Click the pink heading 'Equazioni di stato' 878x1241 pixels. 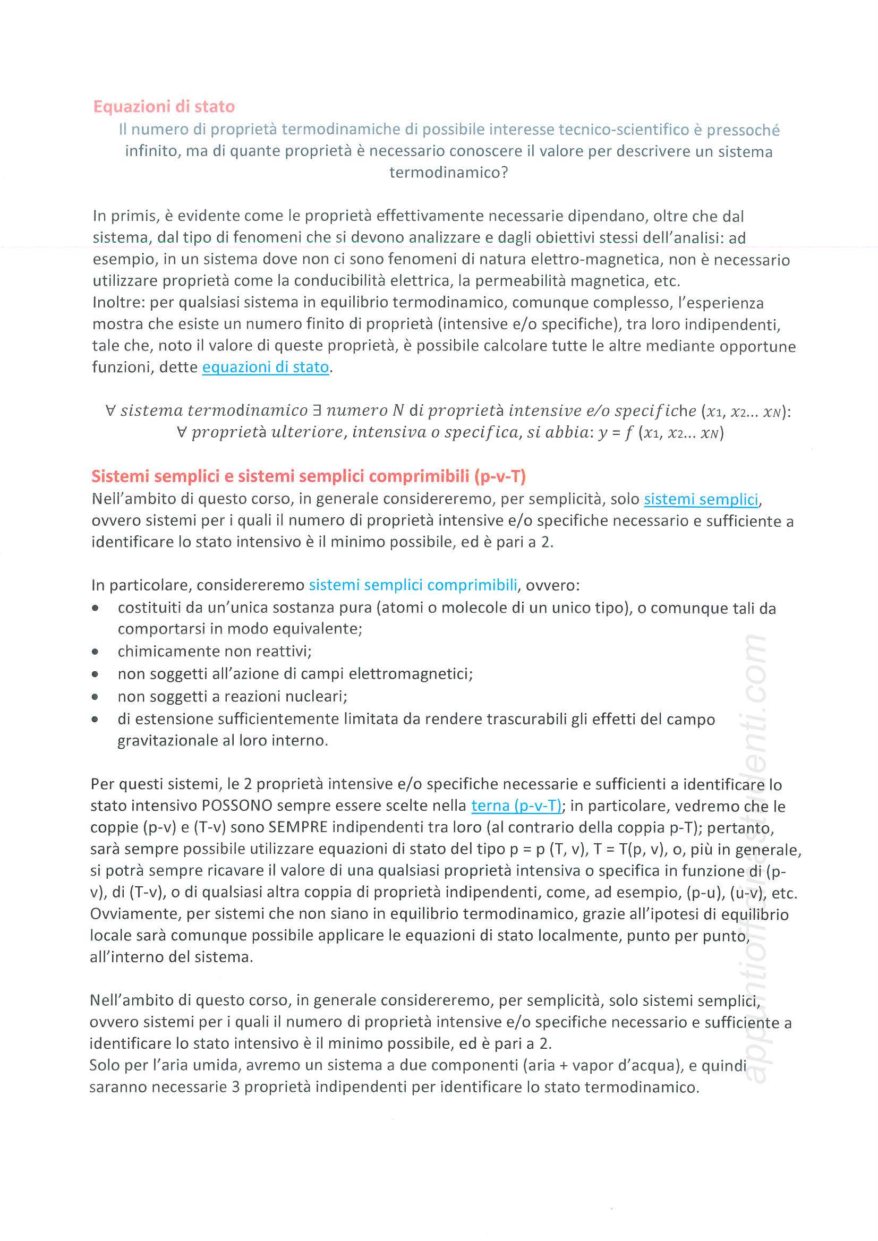164,107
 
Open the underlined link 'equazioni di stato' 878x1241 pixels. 266,367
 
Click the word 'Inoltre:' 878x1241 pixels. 119,303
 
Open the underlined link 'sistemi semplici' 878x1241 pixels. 701,499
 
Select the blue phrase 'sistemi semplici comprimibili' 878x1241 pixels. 413,585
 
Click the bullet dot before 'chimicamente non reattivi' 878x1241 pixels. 95,652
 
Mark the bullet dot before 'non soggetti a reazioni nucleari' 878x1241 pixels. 95,697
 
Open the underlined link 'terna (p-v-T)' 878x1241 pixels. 516,806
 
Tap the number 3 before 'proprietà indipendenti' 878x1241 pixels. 236,1087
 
